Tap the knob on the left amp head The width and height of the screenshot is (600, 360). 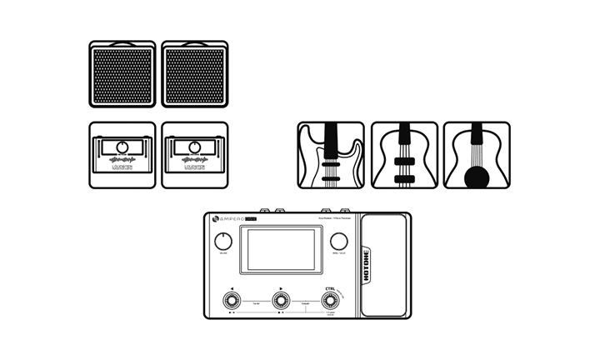[x=122, y=147]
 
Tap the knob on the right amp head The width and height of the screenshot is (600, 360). [x=194, y=147]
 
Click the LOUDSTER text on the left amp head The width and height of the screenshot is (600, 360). [x=122, y=167]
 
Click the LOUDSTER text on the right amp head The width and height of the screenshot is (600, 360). [x=194, y=167]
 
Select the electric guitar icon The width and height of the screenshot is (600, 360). [x=331, y=155]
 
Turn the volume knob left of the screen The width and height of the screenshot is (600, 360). [x=223, y=242]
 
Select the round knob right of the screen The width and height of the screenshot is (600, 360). [x=337, y=242]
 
